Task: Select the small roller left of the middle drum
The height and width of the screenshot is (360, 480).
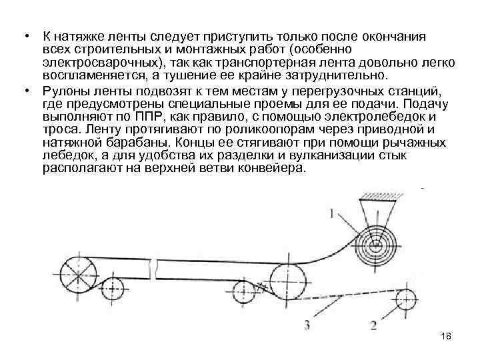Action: click(245, 291)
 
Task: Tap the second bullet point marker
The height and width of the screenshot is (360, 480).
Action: click(23, 90)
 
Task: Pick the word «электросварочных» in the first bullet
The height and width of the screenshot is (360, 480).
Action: click(90, 62)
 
